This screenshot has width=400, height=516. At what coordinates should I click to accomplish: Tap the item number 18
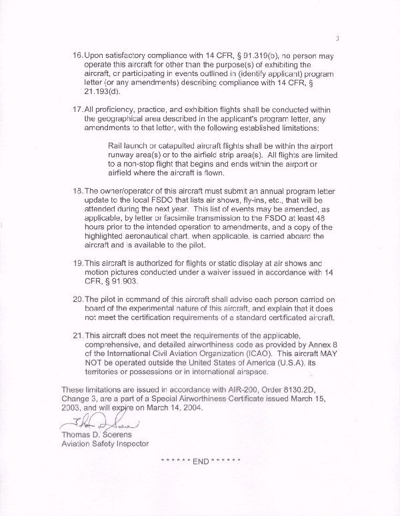[x=76, y=192]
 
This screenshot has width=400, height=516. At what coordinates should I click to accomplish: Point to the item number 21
[x=76, y=333]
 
